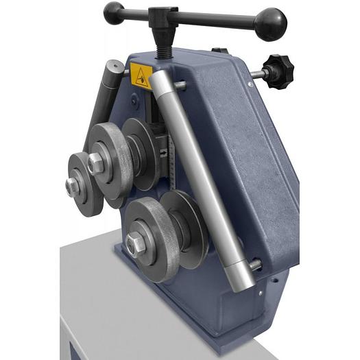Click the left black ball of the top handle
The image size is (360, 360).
(x=114, y=12)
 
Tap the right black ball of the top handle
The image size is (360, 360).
(x=270, y=23)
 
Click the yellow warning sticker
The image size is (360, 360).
(x=141, y=76)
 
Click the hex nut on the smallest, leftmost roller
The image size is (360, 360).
(x=71, y=185)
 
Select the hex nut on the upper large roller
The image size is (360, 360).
(x=95, y=163)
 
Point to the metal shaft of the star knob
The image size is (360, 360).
(x=258, y=74)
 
